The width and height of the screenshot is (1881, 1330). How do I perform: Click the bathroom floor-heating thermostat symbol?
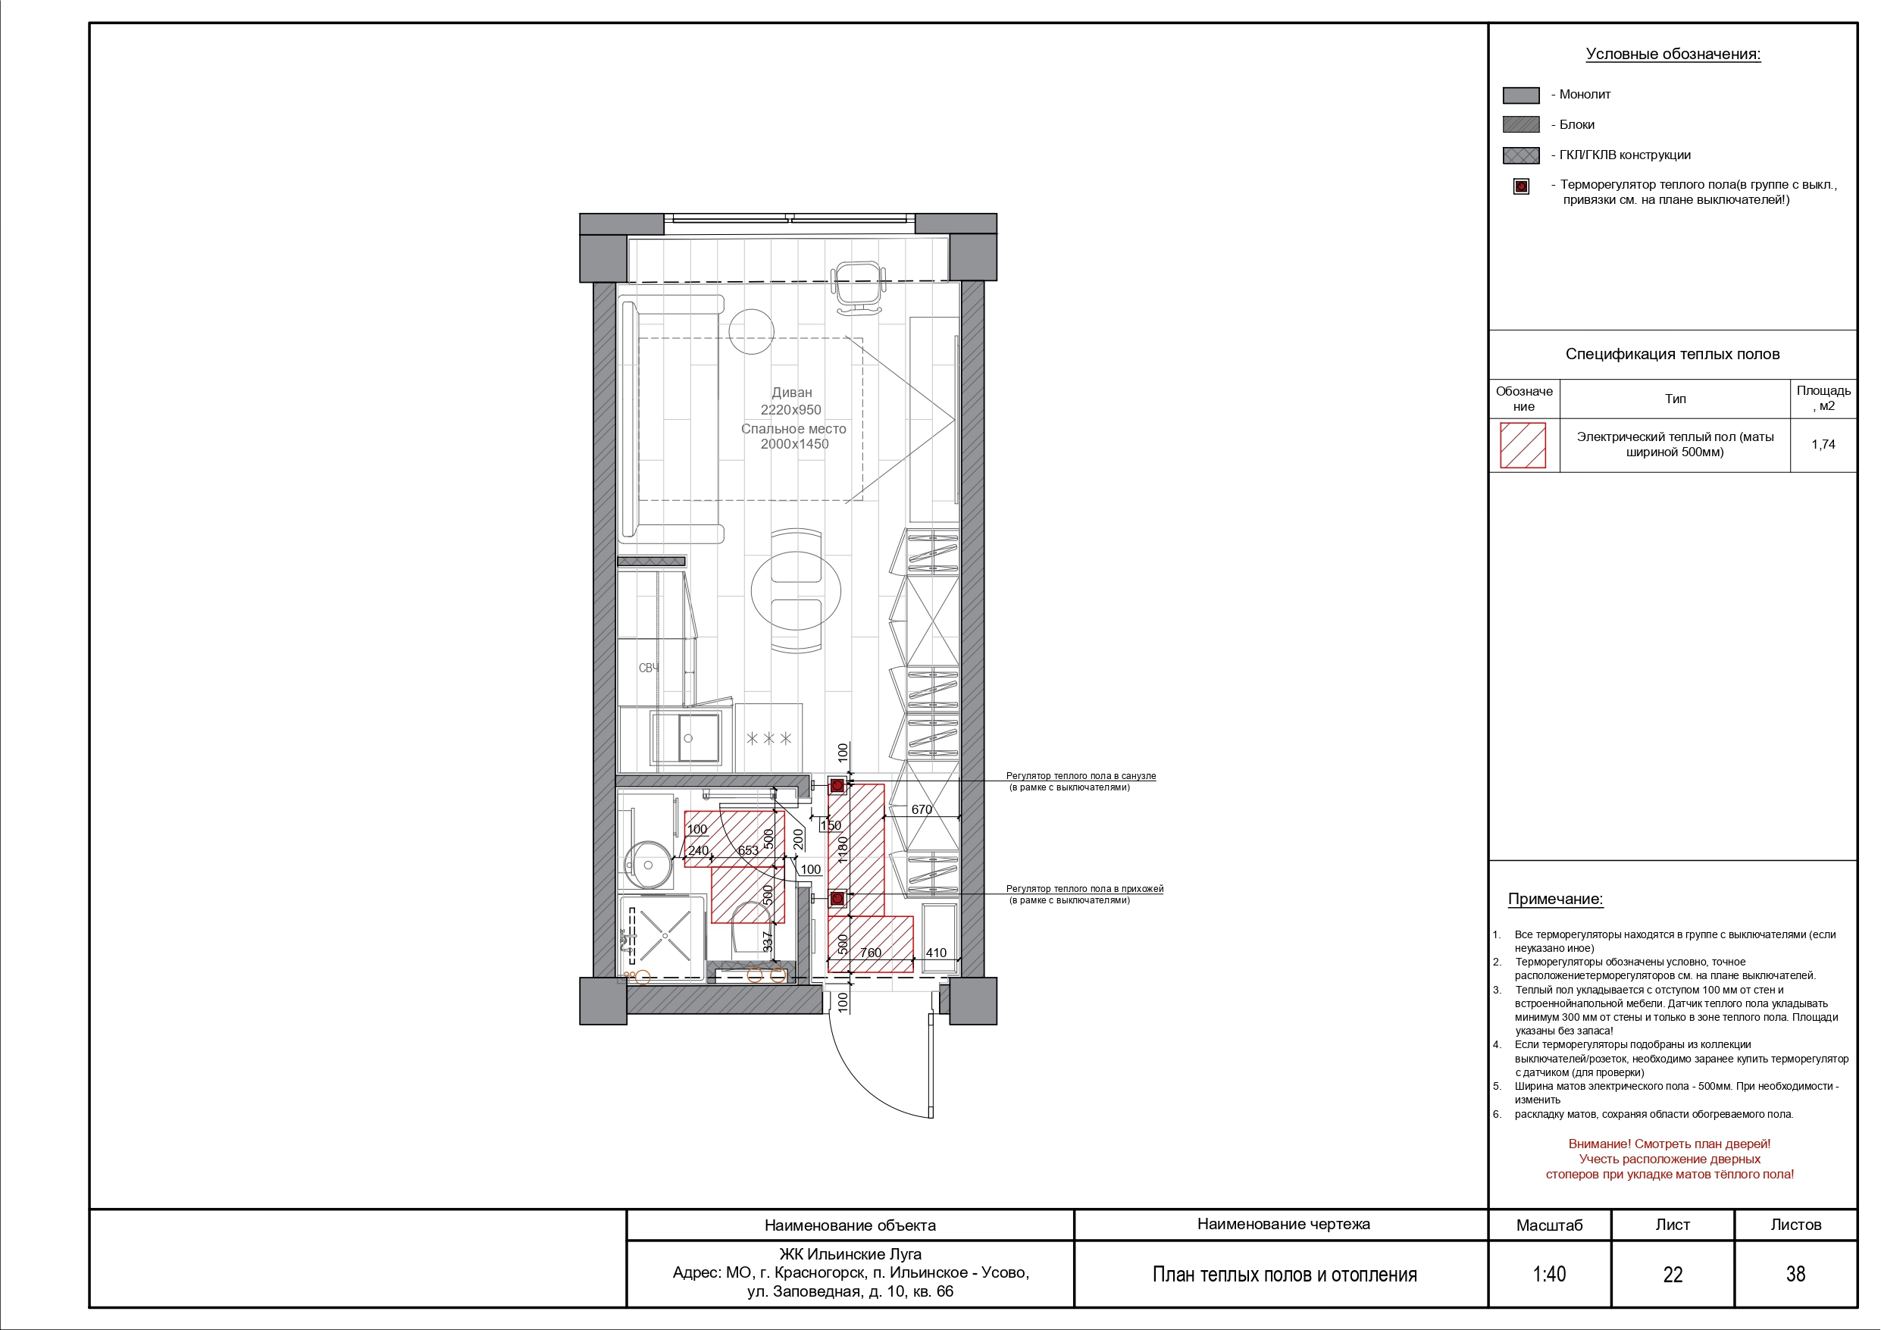click(837, 786)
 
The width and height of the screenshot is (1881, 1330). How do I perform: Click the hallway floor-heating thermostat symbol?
click(837, 899)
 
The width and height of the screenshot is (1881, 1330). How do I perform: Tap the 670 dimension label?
click(922, 809)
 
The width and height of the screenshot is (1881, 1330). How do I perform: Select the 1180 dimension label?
click(842, 850)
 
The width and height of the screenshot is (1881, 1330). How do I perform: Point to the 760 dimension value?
click(870, 953)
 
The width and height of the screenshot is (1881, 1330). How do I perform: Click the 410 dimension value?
click(936, 953)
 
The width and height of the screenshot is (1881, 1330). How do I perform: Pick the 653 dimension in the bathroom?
click(748, 850)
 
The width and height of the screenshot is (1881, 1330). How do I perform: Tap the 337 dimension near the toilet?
click(768, 941)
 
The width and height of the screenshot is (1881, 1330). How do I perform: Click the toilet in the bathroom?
click(749, 928)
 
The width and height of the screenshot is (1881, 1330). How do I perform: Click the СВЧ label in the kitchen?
click(649, 668)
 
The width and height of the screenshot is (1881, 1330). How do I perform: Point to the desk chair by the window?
click(859, 286)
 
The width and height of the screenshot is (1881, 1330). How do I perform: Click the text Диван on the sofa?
click(791, 393)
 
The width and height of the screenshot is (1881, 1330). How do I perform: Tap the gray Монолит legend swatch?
click(1520, 95)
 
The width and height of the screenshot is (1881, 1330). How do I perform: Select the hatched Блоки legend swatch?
click(1520, 124)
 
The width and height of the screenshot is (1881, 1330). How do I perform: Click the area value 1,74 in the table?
click(1823, 445)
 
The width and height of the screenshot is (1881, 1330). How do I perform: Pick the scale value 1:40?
click(1549, 1274)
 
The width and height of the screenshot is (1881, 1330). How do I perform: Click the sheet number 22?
click(1673, 1274)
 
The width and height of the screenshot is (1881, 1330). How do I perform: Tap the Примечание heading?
click(1555, 899)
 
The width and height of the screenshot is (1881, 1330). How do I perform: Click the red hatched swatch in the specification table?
click(1523, 445)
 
